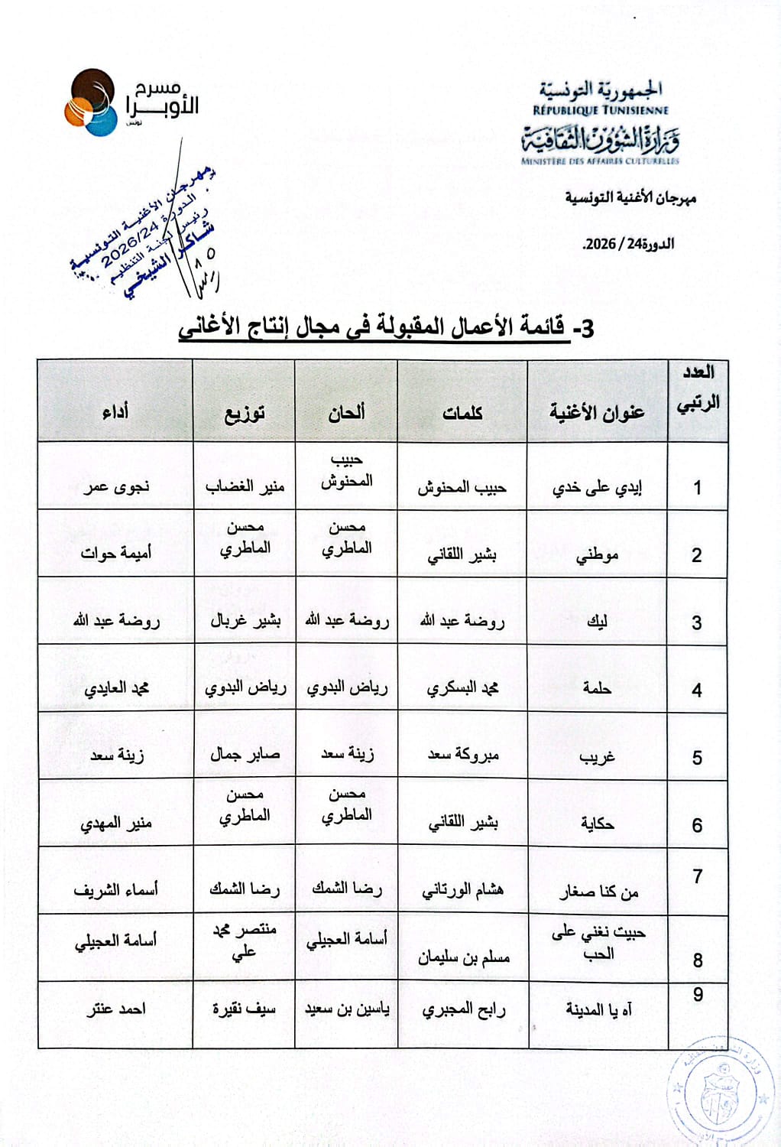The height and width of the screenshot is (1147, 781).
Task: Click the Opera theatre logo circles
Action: coord(90,103)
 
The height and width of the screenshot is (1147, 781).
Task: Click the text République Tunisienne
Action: coord(601,110)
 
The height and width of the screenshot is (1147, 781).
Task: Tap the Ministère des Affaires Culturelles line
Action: coord(600,161)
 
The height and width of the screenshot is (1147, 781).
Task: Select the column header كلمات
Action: coord(462,413)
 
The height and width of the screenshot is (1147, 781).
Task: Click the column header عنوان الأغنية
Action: coord(597,412)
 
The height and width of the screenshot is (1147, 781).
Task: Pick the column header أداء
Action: coord(115,413)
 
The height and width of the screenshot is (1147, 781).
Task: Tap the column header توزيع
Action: coord(244,414)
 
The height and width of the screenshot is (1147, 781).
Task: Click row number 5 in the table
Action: coord(697,758)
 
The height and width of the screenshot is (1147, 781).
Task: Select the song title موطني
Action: coord(597,555)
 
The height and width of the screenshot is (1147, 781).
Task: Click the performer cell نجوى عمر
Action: coord(116,486)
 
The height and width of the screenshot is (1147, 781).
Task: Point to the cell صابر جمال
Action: coord(245,754)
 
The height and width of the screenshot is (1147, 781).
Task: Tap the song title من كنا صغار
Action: coord(598,892)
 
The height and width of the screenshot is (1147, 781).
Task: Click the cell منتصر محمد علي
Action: coord(244,941)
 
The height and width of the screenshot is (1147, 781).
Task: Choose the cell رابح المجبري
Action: coord(463,1009)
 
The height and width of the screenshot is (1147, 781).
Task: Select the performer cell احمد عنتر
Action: coord(115,1009)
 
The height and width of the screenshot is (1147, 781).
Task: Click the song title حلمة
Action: coord(597,688)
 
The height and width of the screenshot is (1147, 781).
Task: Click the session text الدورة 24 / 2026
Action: coord(628,245)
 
